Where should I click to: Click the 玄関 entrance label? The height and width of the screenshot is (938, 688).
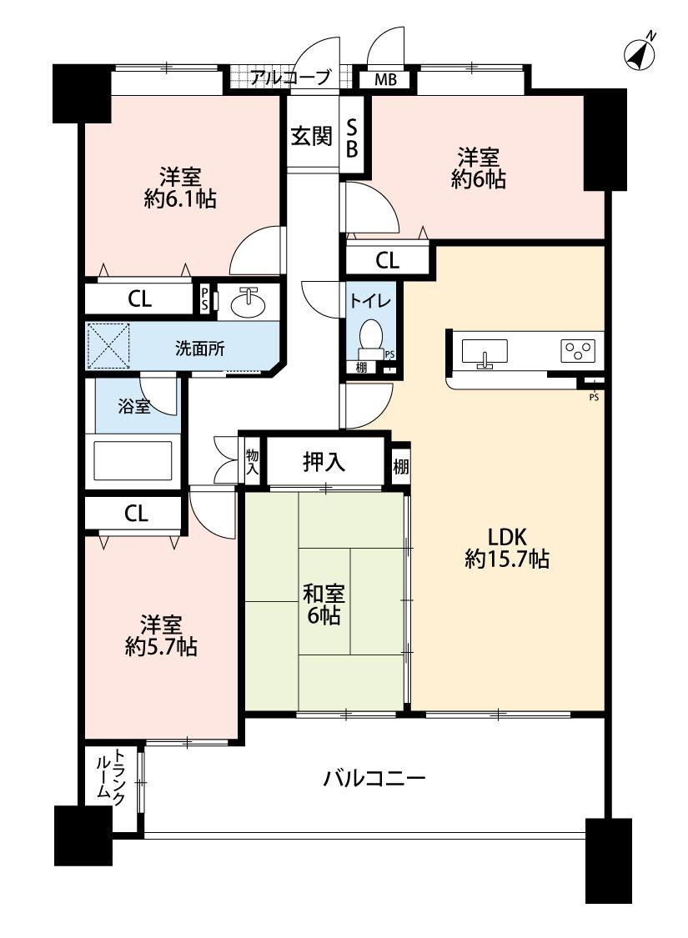coord(311,136)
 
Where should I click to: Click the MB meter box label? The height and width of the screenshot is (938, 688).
coord(384,80)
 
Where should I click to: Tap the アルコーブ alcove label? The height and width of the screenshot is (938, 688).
coord(291,78)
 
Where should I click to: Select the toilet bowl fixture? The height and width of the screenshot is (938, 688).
coord(370,334)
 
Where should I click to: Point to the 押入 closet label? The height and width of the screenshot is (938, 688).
coord(324,461)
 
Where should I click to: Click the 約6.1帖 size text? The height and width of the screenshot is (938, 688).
coord(180,199)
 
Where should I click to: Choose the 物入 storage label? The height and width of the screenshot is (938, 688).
coord(252,461)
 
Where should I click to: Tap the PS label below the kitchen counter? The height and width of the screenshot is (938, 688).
coord(594,397)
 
